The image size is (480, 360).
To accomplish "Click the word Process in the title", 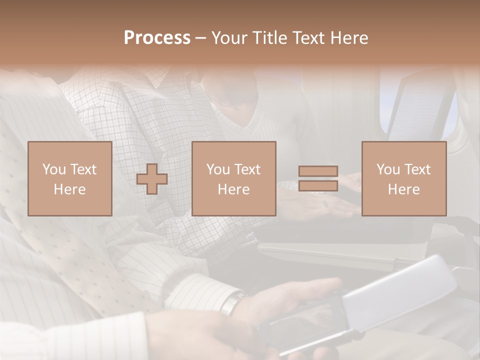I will tap(157, 38).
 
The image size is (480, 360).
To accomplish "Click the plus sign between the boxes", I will tap(152, 179).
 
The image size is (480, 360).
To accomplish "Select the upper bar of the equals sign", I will tap(318, 171).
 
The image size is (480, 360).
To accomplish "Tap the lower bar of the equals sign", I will tap(318, 185).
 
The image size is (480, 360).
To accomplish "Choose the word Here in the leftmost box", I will tap(69, 189).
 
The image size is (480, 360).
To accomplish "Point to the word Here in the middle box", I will tap(233, 189).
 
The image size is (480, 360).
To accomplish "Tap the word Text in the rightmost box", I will tap(418, 169).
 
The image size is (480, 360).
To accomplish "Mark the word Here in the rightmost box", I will tap(403, 189).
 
